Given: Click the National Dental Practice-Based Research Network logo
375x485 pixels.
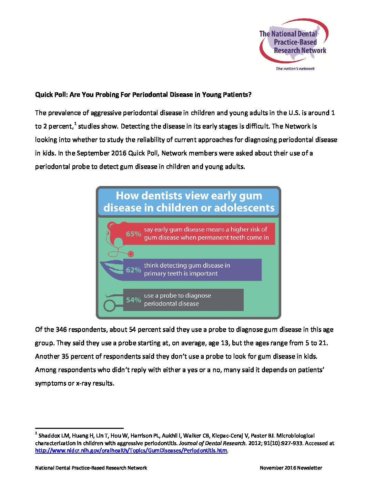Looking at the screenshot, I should tap(293, 42).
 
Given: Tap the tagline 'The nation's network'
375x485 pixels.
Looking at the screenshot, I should tap(295, 69).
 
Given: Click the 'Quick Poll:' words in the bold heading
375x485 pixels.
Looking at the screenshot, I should tap(51, 95).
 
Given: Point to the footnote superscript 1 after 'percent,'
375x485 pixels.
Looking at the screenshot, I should tap(75, 124).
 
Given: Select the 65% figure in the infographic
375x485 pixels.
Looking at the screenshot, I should tap(133, 234).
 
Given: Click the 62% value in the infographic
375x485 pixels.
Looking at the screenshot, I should tap(133, 270).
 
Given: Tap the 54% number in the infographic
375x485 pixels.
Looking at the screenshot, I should tap(133, 300).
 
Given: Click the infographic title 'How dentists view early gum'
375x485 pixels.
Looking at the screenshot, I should tap(189, 196).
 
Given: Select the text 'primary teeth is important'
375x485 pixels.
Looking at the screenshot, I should tap(181, 274).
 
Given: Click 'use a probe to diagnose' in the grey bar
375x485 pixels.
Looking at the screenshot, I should tap(178, 296).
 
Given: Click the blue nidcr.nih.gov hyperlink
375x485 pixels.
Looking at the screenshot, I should tap(131, 451).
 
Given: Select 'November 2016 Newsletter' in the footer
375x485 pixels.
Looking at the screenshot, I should tap(291, 468).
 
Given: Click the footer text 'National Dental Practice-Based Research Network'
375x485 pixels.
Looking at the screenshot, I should tap(91, 468).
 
